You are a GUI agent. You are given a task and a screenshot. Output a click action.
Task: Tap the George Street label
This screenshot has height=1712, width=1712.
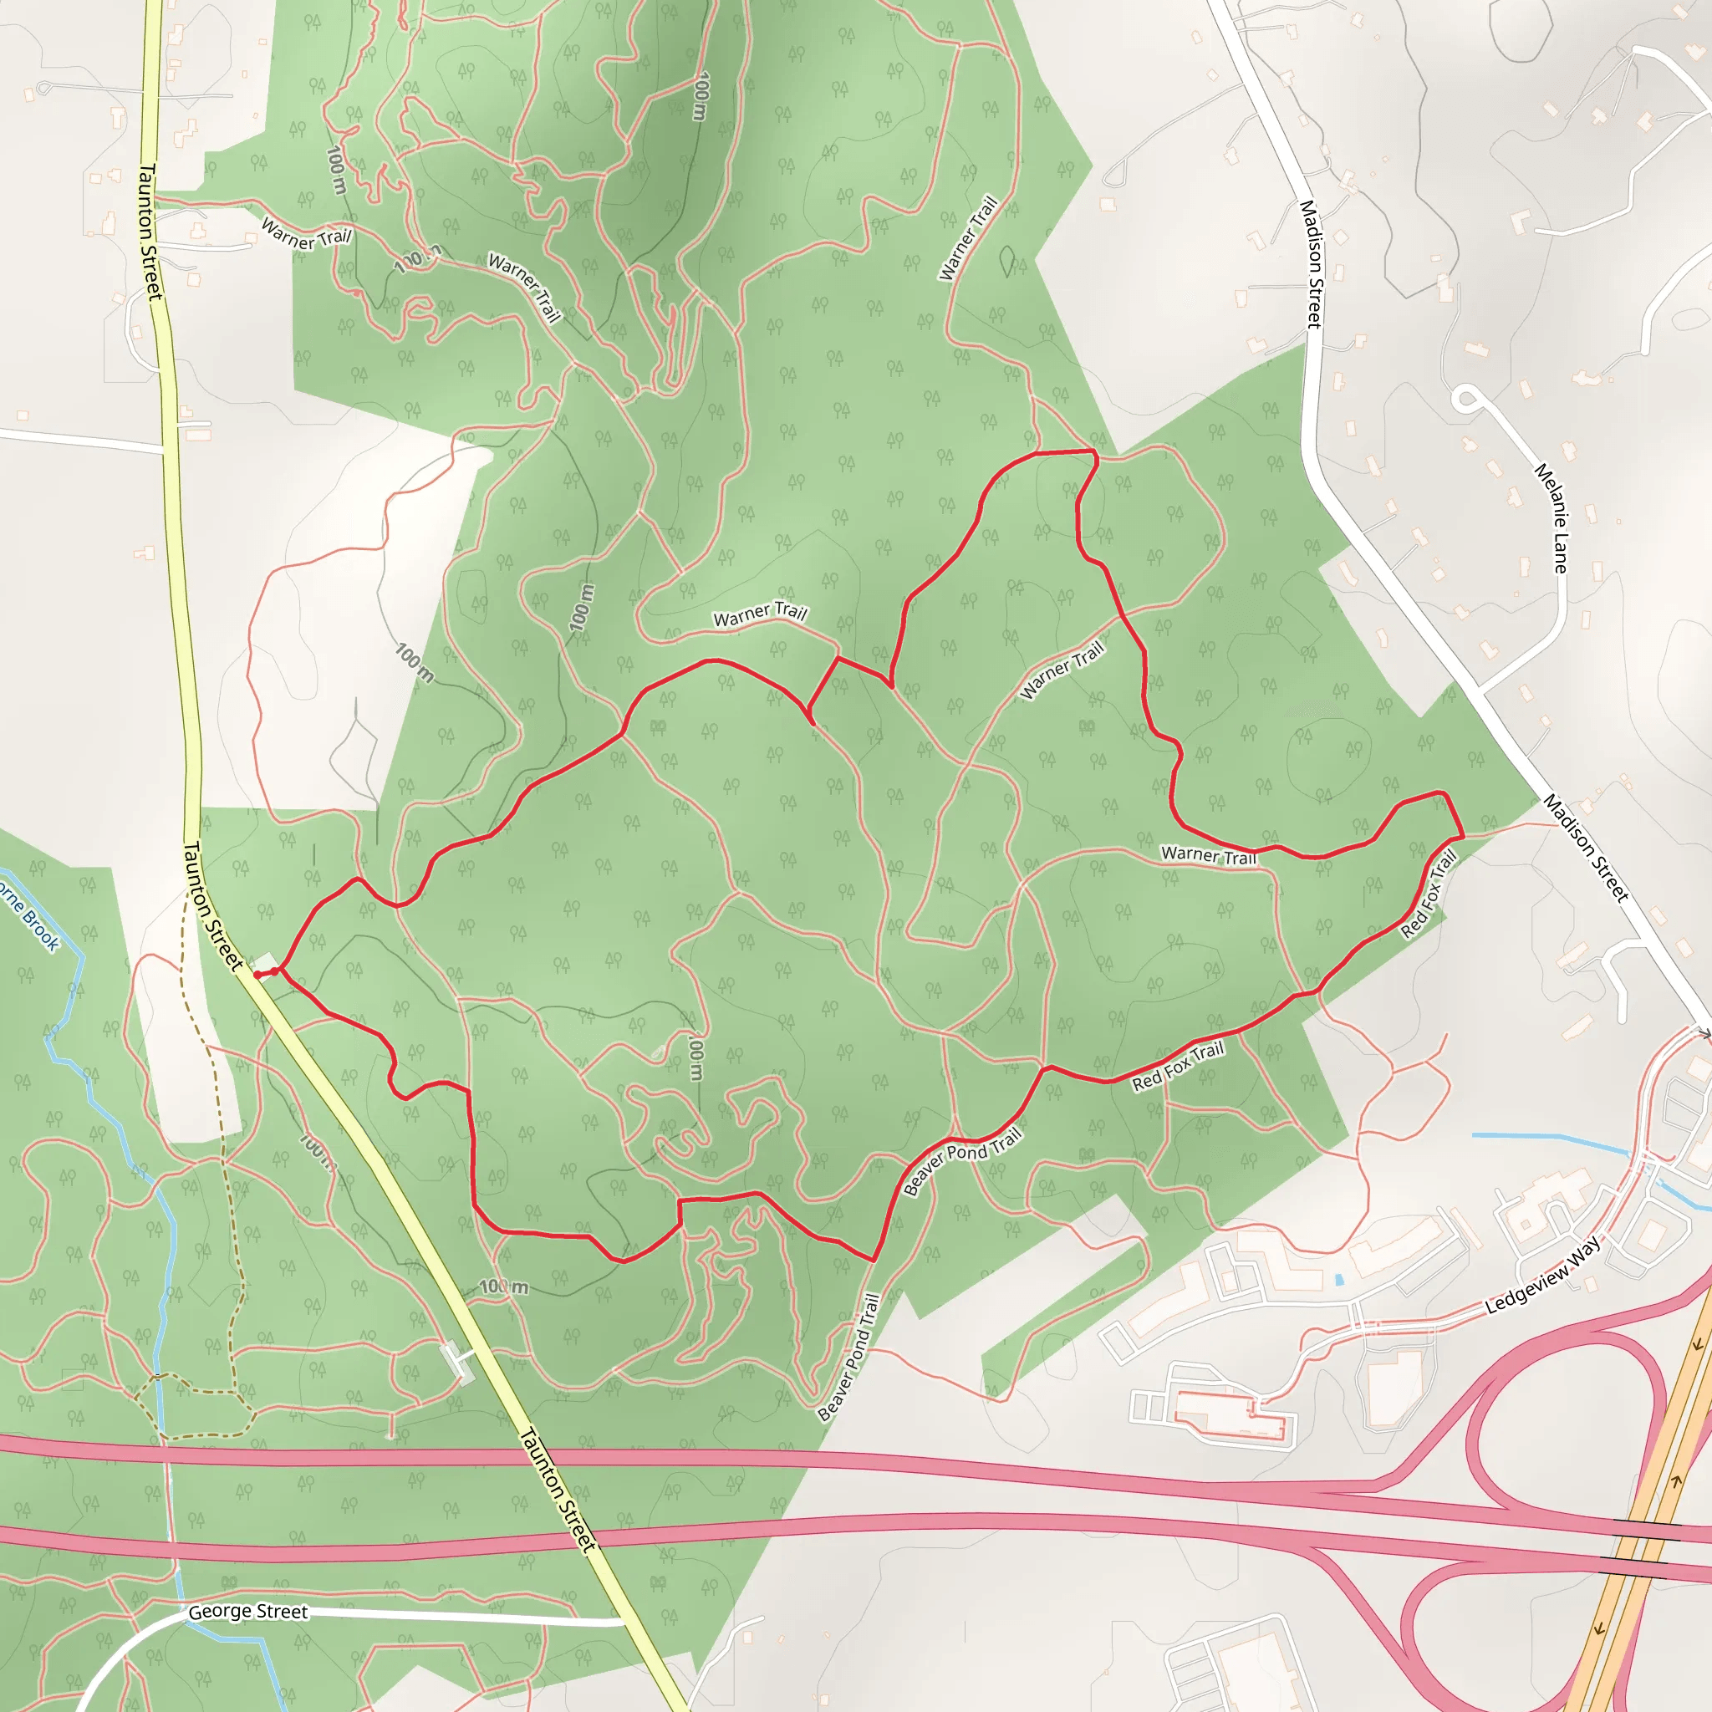coord(248,1612)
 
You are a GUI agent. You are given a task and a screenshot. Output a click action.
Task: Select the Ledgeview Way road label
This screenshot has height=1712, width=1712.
coord(1543,1276)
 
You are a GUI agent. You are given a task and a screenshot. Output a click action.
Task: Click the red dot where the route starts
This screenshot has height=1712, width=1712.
coord(257,975)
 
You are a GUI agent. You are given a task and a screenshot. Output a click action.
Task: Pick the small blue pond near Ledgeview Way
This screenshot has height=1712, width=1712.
coord(1339,1280)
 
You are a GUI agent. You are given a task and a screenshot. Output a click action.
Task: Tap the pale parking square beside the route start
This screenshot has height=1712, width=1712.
coord(265,962)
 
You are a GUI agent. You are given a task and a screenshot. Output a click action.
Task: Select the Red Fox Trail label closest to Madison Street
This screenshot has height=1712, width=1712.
coord(1429,894)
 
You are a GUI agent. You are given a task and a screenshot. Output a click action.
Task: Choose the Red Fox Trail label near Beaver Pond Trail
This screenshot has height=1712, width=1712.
coord(1178,1066)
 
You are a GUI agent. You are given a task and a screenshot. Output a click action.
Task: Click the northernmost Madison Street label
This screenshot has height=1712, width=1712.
coord(1311,264)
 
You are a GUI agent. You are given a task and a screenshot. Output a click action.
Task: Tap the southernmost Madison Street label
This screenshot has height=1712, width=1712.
coord(1586,848)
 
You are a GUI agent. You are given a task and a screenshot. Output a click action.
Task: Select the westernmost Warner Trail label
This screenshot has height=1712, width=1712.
coord(307,234)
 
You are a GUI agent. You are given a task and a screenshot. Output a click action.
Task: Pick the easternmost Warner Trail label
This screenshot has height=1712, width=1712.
coord(1209,855)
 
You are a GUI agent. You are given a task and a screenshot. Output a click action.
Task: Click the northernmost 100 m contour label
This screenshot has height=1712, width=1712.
coord(701,95)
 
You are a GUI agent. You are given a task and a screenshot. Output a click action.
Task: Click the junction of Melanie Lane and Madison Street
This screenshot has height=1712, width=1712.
coord(1478,690)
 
